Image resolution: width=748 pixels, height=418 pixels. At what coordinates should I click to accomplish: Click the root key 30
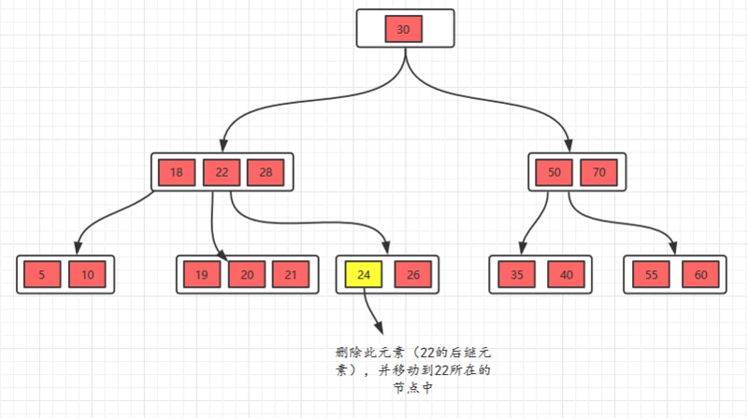click(x=404, y=29)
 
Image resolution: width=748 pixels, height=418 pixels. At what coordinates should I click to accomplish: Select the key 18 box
click(x=177, y=173)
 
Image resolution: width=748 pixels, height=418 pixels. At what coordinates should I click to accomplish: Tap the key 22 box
click(x=222, y=173)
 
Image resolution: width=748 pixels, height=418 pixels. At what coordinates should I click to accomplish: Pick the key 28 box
click(x=266, y=173)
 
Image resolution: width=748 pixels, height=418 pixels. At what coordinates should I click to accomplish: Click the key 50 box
click(x=554, y=173)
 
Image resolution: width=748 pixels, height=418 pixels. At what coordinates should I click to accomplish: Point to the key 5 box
click(x=42, y=274)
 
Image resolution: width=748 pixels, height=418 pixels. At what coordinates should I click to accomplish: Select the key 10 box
click(x=87, y=274)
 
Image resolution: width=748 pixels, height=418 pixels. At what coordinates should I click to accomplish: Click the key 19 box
click(x=202, y=274)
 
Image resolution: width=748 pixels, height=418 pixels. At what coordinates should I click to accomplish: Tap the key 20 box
click(x=247, y=274)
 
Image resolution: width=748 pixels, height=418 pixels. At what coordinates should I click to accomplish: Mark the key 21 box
click(x=290, y=274)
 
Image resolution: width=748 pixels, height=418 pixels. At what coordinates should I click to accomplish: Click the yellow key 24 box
click(x=364, y=274)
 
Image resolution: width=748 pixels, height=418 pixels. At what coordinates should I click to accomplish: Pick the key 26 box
click(x=412, y=274)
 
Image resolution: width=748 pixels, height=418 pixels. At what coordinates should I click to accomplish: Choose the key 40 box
click(x=566, y=274)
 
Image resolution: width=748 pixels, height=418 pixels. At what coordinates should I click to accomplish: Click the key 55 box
click(x=651, y=274)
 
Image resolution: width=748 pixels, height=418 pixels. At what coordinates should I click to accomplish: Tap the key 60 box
click(x=700, y=274)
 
